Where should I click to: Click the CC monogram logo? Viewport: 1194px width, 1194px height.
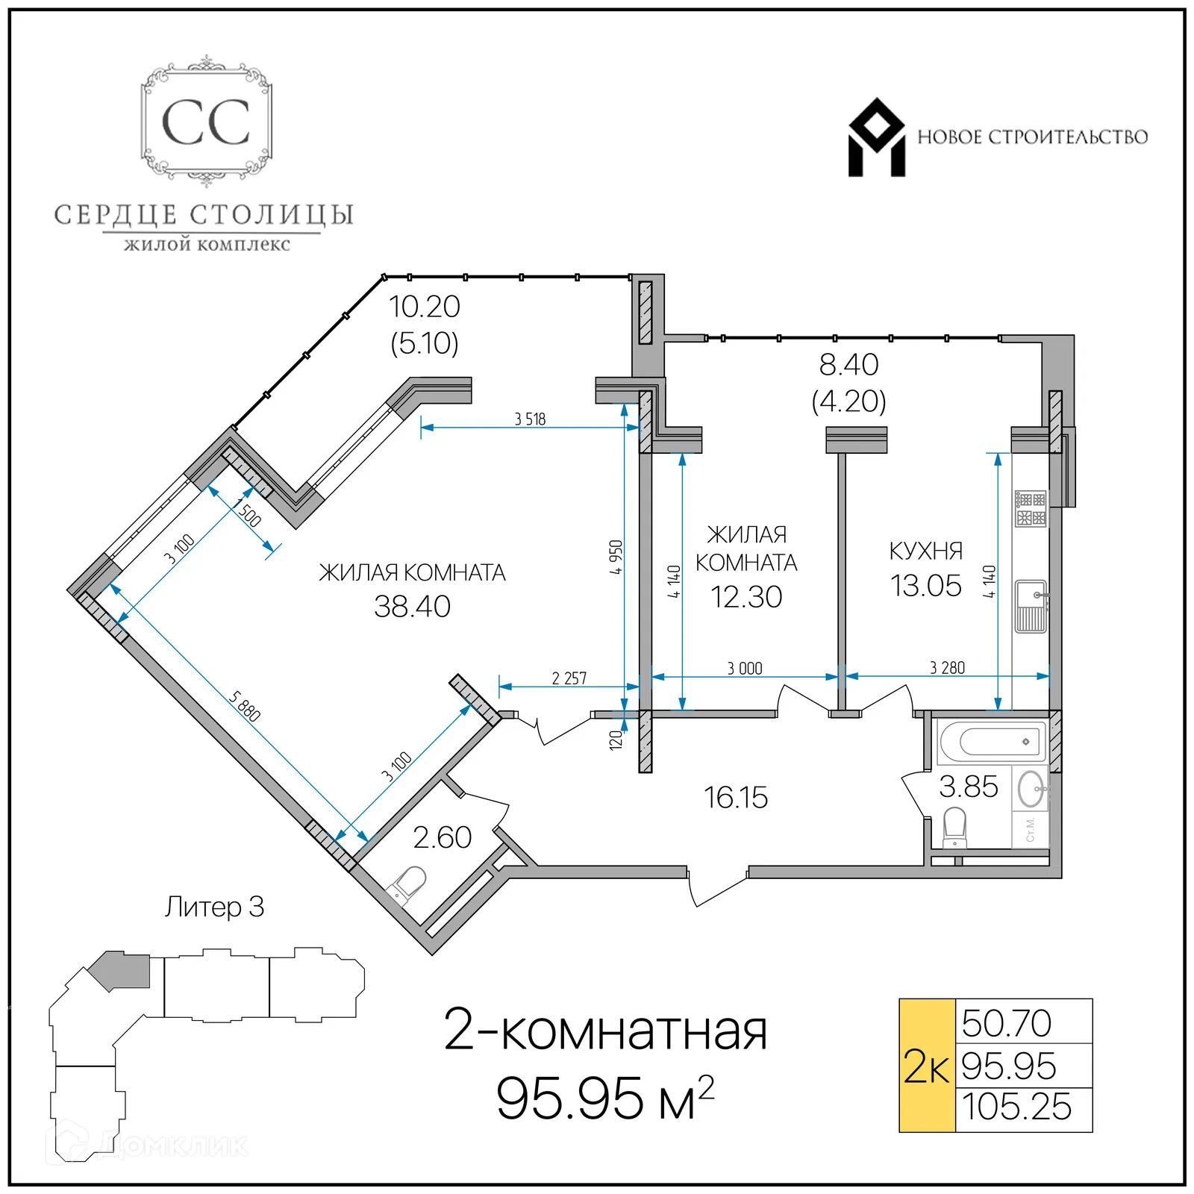pos(206,122)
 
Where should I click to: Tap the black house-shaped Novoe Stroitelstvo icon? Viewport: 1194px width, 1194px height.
pos(876,138)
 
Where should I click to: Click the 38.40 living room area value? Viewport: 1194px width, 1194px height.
pos(412,607)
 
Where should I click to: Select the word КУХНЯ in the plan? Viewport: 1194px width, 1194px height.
pos(925,551)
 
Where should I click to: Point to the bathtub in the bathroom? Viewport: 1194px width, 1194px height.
pos(992,742)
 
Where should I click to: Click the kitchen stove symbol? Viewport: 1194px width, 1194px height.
pos(1031,509)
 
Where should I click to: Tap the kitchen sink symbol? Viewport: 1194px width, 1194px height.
pos(1031,607)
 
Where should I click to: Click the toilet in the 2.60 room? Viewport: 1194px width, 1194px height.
pos(407,886)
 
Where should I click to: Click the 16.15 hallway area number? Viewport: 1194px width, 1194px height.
pos(736,798)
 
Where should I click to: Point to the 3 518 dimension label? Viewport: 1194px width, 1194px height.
pos(530,419)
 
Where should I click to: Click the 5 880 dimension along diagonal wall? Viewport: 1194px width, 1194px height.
pos(245,706)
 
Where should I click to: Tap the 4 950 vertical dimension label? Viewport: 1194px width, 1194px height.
pos(616,557)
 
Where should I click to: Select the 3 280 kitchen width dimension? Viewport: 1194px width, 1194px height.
pos(947,668)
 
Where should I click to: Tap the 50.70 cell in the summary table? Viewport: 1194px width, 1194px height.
pos(1007,1023)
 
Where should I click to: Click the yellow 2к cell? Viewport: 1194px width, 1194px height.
pos(926,1066)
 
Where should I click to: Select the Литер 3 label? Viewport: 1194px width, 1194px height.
pos(214,907)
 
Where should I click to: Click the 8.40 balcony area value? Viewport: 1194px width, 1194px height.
pos(848,365)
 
